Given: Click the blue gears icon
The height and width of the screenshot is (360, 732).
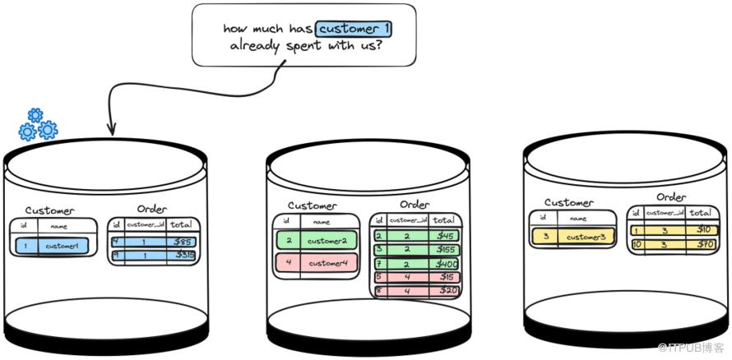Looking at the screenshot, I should point(38,124).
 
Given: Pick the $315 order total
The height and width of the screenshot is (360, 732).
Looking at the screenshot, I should point(185,256).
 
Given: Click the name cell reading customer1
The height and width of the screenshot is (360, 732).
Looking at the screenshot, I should point(63,245).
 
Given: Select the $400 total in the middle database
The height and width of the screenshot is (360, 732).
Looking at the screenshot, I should point(444,263).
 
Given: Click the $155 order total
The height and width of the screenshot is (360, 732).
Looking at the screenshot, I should point(445,249).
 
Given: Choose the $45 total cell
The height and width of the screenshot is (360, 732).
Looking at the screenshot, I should point(445,236).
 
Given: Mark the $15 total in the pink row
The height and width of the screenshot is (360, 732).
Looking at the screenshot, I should point(445,277).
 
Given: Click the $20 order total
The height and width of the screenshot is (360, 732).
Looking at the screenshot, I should point(445,290).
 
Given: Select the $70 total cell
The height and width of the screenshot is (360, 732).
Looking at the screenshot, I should point(702,244).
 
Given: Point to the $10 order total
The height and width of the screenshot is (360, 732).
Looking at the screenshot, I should point(702,229).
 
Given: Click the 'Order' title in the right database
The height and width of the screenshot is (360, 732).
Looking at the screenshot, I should point(671,197).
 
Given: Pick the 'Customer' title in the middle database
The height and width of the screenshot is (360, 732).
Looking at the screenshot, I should point(312,205).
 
